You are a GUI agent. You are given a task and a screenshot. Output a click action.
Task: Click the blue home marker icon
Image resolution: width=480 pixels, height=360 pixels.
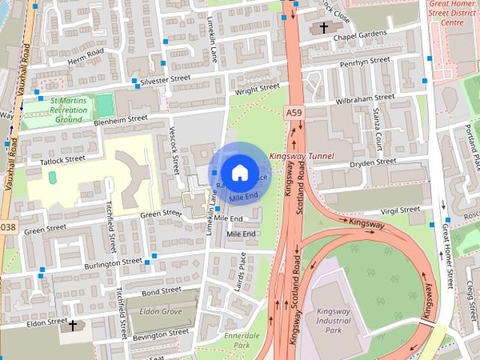238,172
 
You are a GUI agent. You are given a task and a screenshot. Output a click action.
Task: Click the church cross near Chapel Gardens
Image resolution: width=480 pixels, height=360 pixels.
323,28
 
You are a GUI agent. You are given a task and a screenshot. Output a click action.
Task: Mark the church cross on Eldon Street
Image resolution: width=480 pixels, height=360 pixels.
73,326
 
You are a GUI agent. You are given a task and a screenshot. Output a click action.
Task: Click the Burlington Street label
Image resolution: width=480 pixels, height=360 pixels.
113,263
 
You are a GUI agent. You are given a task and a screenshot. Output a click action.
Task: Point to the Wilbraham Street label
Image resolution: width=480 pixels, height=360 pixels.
364,99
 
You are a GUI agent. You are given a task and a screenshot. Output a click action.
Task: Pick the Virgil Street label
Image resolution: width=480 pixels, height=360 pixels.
400,211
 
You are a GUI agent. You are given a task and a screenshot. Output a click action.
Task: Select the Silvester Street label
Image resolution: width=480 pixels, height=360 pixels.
166,79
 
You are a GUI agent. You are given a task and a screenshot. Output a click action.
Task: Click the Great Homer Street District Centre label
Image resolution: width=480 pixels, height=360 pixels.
453,13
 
